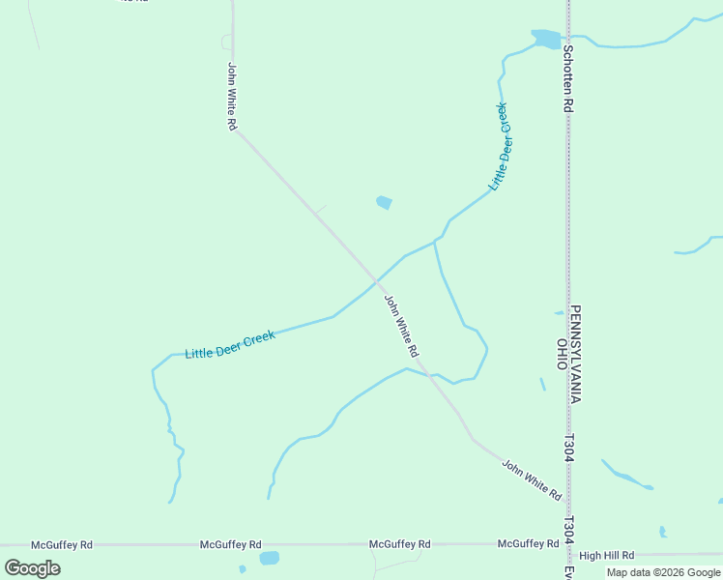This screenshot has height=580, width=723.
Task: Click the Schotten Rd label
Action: coord(568,80)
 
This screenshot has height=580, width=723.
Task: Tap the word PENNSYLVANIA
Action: coord(575,355)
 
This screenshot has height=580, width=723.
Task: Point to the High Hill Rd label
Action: coord(606,556)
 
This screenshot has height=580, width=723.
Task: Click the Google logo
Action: coord(33,568)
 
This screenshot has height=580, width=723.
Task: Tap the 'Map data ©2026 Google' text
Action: coord(663,572)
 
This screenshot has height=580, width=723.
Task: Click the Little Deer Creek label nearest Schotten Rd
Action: coord(499,146)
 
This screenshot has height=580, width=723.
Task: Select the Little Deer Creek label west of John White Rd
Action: coord(230,345)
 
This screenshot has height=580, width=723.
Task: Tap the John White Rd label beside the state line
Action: coord(531,479)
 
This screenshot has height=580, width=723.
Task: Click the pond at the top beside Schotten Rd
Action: coord(545,39)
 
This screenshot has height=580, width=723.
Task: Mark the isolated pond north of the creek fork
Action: coord(384,202)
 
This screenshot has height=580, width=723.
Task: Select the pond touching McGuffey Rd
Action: coord(269,558)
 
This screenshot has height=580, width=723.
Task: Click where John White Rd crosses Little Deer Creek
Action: coord(375,281)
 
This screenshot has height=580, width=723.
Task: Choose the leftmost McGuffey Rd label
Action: coord(62,545)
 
